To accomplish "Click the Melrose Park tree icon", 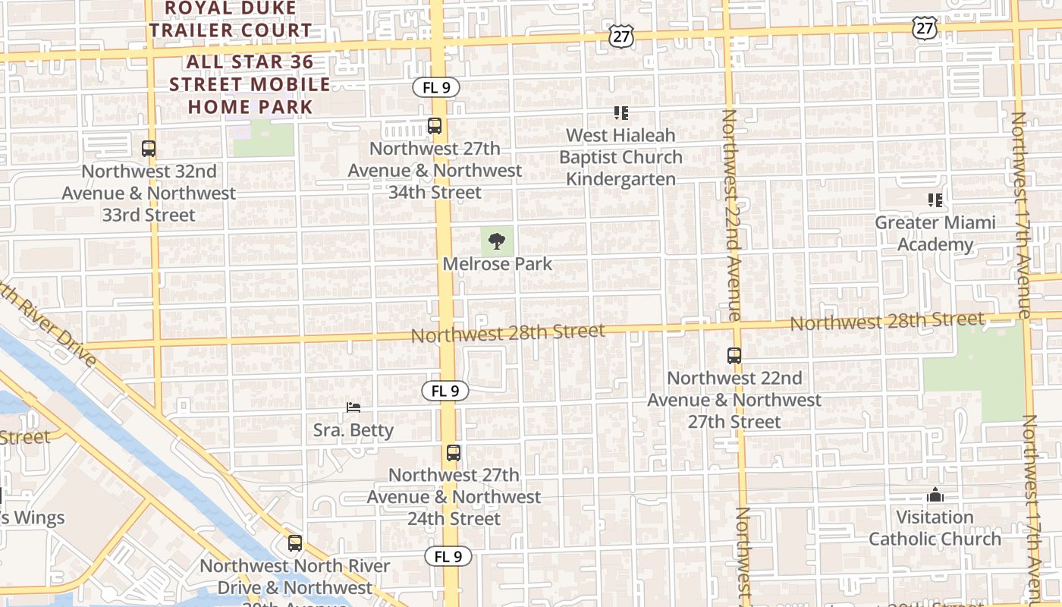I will (497, 242).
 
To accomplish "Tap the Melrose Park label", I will (498, 264).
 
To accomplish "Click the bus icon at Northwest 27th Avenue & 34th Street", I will (435, 126).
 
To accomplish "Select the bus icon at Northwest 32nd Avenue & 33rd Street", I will (149, 149).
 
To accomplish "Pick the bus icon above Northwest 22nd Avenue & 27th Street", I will (734, 355).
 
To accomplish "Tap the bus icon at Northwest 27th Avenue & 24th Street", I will (454, 453).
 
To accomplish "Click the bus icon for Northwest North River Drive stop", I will (295, 543).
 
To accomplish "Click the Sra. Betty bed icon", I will (353, 407).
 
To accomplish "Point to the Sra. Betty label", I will (353, 430).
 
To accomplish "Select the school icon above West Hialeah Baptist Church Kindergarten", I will (621, 113).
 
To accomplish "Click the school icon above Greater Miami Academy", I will (935, 200).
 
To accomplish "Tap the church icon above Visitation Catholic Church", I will (935, 495).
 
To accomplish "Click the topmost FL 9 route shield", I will (436, 87).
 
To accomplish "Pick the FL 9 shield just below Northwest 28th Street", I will (445, 392).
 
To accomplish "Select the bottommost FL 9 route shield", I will (448, 556).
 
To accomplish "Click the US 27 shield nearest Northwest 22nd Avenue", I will (621, 36).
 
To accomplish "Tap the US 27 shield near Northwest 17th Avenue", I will (925, 29).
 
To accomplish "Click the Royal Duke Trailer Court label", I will (230, 19).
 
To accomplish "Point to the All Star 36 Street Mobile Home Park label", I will (250, 84).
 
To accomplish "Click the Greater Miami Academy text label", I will (935, 234).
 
